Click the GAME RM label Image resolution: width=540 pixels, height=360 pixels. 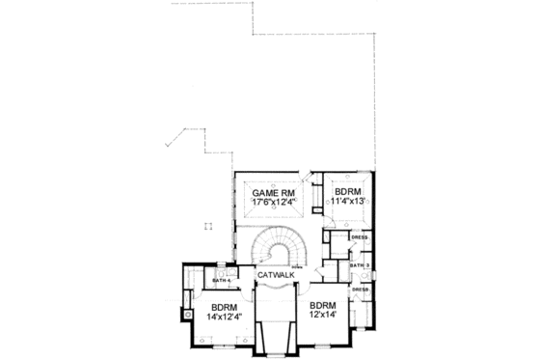click(x=272, y=193)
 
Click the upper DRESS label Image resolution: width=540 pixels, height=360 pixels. click(x=360, y=236)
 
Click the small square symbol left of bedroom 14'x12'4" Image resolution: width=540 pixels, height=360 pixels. click(x=185, y=314)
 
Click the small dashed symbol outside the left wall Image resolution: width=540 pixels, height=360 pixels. click(x=206, y=225)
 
